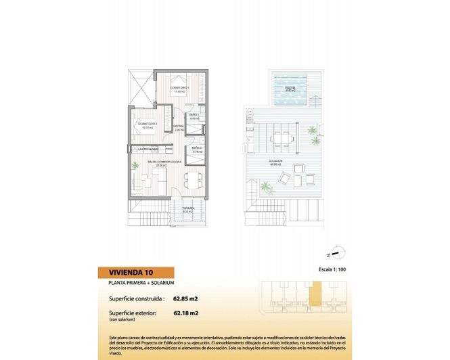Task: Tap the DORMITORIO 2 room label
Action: tap(148, 125)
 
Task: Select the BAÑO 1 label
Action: tap(193, 116)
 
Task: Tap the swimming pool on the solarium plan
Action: tap(290, 89)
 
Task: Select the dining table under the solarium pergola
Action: tap(281, 140)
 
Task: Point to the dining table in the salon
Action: tap(194, 179)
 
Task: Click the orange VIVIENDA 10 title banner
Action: tap(145, 273)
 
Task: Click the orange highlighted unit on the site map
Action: tap(313, 296)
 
